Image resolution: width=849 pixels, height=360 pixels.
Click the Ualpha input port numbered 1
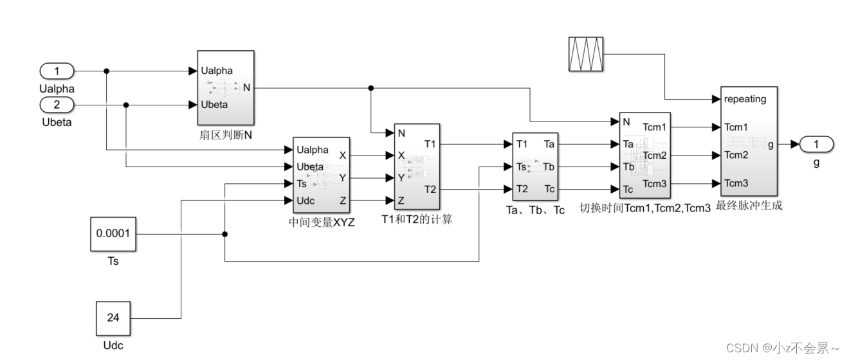57,71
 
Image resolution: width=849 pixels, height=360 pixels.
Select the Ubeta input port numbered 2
57,105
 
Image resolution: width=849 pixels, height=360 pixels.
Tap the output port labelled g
816,145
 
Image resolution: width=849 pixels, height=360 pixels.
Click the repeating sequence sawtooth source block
586,53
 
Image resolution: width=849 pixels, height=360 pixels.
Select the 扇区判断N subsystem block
225,87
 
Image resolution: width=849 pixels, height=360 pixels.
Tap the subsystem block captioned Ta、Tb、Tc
535,166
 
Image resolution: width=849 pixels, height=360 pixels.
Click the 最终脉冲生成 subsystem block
749,141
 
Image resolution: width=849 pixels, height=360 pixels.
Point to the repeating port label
745,100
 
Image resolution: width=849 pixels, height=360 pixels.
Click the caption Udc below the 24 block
112,346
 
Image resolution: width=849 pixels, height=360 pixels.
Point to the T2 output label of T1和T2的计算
430,189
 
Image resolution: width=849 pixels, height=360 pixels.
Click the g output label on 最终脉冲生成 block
771,145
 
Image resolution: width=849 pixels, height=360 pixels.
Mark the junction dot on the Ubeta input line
126,105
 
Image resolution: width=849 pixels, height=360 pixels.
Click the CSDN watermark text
782,348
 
